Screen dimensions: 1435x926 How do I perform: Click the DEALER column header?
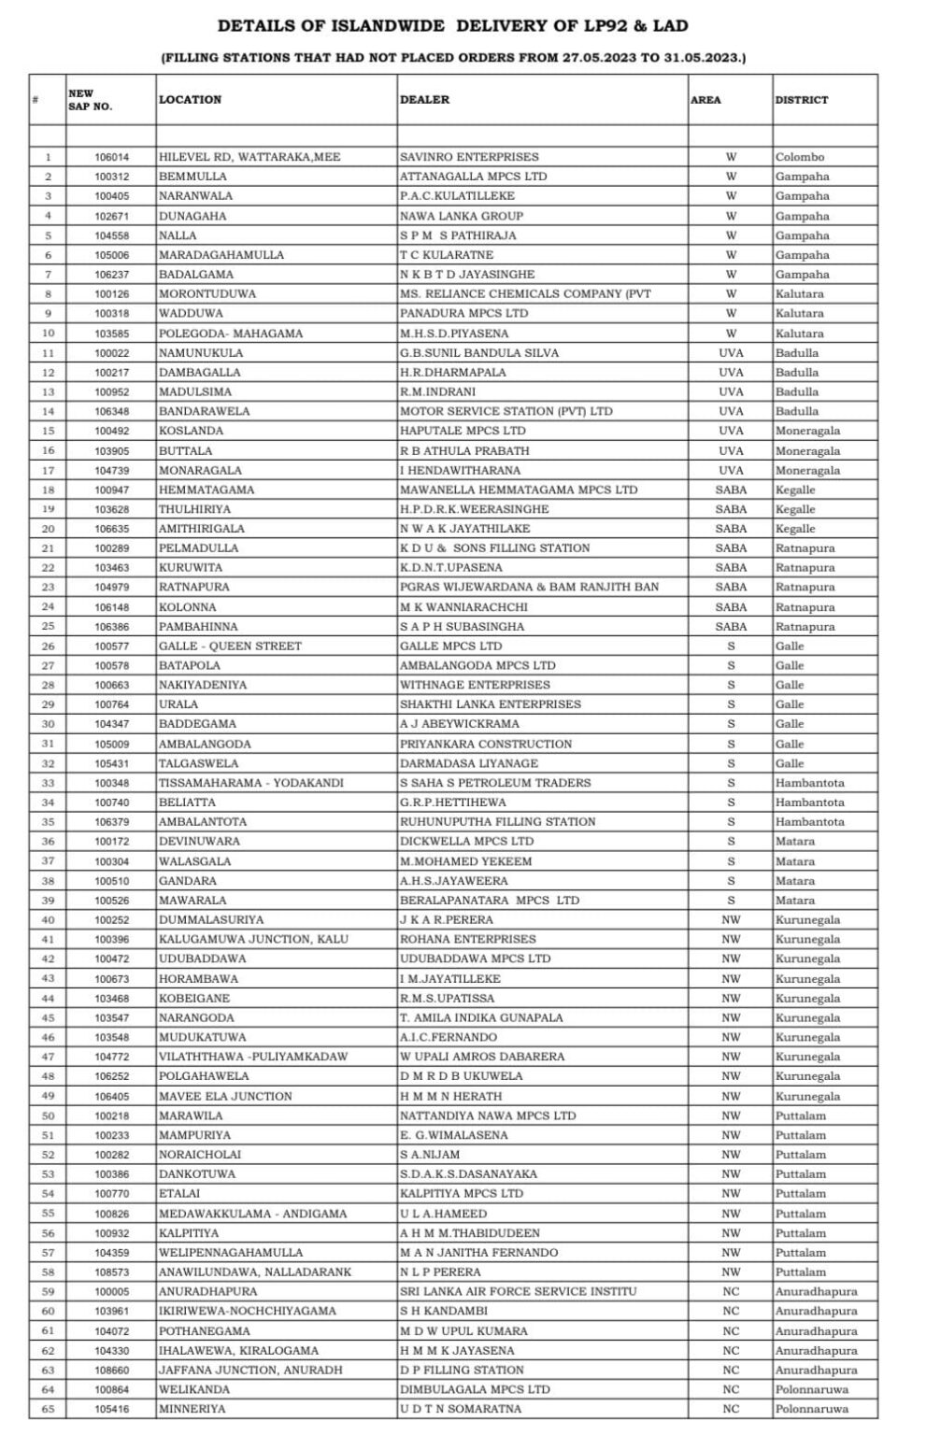pos(424,99)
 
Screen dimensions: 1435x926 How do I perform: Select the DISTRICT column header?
pos(801,99)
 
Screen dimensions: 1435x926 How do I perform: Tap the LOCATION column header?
pos(190,99)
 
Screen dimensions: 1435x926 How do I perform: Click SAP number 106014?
pos(112,157)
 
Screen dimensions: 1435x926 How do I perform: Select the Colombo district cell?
pos(799,157)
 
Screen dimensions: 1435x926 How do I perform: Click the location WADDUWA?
pos(184,313)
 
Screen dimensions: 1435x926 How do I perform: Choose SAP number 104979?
pos(112,587)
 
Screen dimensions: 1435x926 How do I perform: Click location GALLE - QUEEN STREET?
pos(230,646)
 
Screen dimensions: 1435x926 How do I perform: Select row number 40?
pos(48,919)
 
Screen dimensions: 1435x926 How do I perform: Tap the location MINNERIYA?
pos(192,1409)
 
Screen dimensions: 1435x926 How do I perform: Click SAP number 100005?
pos(112,1291)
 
